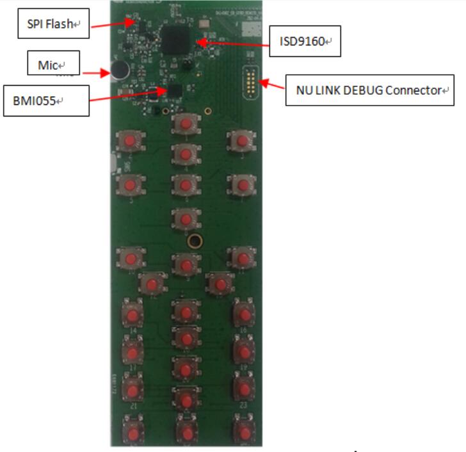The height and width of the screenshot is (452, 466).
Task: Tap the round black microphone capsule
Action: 119,70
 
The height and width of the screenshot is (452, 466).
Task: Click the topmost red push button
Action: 185,122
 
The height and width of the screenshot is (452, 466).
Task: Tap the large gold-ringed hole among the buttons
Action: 193,241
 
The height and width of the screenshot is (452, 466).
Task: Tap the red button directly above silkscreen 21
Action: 133,389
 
